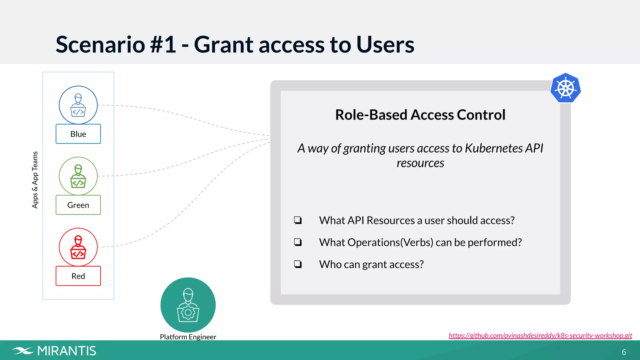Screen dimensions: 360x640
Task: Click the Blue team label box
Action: tap(78, 134)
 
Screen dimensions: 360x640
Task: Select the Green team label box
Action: tap(78, 205)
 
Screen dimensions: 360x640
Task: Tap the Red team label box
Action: tap(78, 276)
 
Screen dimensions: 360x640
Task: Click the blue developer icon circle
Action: tap(78, 105)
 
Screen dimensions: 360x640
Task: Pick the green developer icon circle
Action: tap(78, 176)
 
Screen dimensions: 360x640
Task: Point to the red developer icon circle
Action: tap(78, 247)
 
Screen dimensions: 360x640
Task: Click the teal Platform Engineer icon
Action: tap(188, 305)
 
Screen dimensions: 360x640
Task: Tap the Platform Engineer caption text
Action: tap(188, 337)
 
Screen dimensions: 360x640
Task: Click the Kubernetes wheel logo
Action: tap(566, 88)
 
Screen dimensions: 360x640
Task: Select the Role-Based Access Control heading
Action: tap(420, 115)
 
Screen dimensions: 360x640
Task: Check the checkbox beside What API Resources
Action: tap(298, 220)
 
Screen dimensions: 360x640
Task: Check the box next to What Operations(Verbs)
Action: tap(298, 242)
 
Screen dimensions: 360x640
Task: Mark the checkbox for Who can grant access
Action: tap(298, 264)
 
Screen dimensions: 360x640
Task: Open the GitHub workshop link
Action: tap(540, 336)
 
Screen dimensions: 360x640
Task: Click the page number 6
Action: tap(624, 352)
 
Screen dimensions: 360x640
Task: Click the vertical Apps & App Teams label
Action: tap(35, 180)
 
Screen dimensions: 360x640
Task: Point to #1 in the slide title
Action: tap(163, 44)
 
